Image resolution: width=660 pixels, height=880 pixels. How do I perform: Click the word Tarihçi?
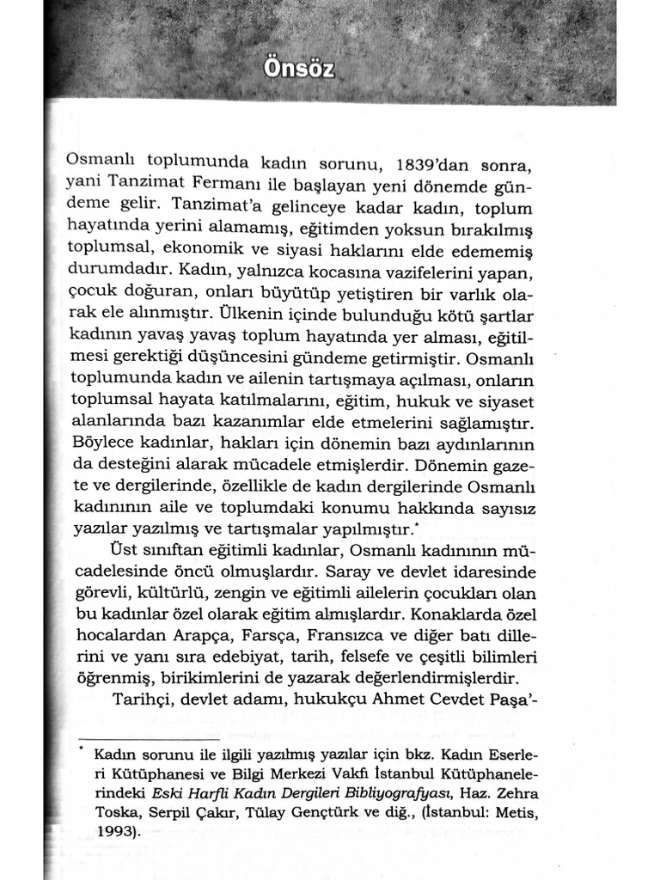click(143, 700)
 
